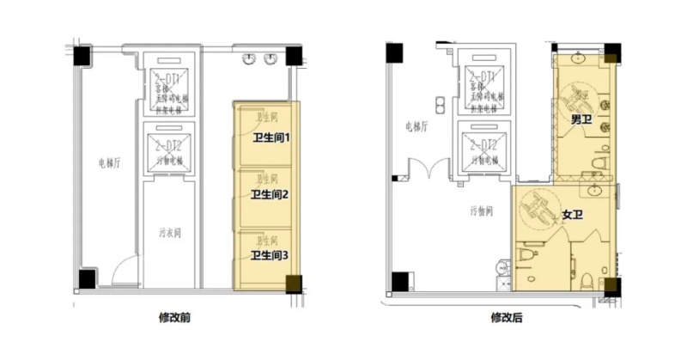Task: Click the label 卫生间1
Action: tap(272, 137)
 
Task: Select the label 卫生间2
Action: tap(269, 195)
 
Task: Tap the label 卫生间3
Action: tap(269, 255)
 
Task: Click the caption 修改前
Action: tap(175, 317)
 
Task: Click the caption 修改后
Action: tap(507, 317)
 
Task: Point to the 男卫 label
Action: tap(582, 119)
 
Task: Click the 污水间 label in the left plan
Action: tap(171, 232)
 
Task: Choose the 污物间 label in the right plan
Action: tap(481, 211)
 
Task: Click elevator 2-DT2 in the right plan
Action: tap(486, 147)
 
